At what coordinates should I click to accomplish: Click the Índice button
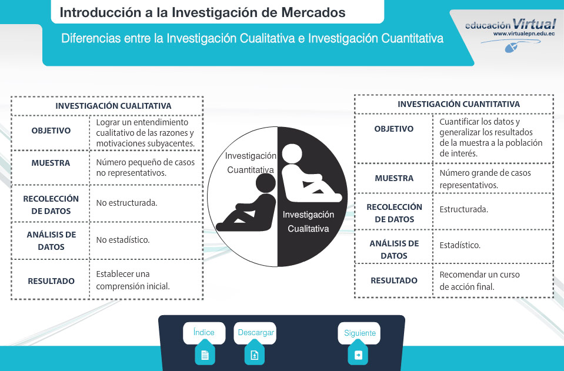(204, 333)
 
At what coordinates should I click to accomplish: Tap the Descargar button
(255, 333)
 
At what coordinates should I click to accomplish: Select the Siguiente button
(359, 333)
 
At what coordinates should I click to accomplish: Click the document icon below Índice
(205, 355)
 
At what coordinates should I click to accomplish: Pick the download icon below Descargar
(255, 355)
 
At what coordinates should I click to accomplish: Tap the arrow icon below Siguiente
(358, 355)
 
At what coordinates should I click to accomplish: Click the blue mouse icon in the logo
(512, 48)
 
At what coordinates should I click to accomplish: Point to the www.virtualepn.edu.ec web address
(523, 34)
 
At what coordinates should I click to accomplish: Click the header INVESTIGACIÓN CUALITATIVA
(114, 106)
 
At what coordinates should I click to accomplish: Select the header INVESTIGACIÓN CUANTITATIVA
(459, 104)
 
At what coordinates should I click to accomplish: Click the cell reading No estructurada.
(126, 203)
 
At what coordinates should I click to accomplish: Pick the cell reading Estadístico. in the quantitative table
(460, 245)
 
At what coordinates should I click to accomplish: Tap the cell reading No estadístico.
(123, 240)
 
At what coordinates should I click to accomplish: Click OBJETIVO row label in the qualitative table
(51, 131)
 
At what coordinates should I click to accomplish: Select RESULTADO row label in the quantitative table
(394, 280)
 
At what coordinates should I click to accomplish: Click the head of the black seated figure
(265, 183)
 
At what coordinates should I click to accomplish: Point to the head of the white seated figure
(292, 153)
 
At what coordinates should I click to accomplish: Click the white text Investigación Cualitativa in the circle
(308, 222)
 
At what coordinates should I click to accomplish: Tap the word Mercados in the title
(313, 12)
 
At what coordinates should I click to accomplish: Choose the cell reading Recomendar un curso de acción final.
(479, 281)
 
